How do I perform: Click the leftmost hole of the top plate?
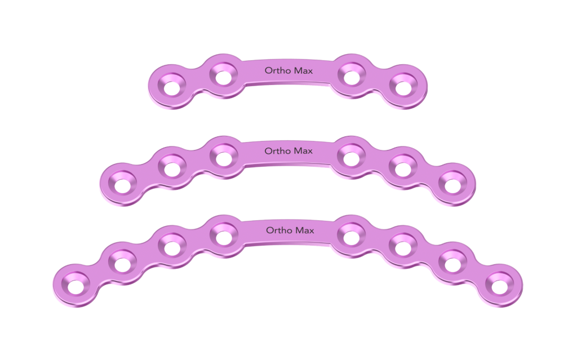click(171, 88)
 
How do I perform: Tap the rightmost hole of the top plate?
click(403, 88)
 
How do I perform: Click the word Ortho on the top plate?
click(278, 70)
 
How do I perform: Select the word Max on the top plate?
click(304, 70)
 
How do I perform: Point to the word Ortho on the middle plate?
click(277, 150)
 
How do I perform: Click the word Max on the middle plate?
click(303, 151)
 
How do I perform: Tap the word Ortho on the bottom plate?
click(279, 230)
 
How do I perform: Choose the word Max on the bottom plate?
click(305, 230)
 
